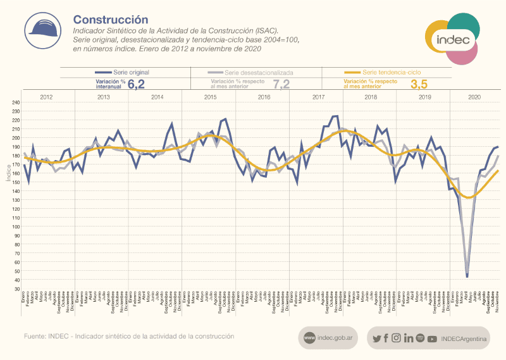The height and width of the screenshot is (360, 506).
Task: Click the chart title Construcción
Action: click(x=111, y=21)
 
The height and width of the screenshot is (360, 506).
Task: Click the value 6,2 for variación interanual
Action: click(x=137, y=84)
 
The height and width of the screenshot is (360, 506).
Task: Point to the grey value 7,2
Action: click(x=281, y=85)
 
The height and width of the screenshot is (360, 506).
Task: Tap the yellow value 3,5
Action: click(x=419, y=85)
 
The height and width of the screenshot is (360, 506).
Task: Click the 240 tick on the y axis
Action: click(x=16, y=102)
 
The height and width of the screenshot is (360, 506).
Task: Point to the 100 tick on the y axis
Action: click(x=16, y=227)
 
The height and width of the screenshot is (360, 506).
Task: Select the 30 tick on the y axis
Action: click(x=17, y=289)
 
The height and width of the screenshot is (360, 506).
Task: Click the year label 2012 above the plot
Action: click(x=47, y=97)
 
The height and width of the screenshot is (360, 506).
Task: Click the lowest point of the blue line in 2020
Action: click(x=467, y=276)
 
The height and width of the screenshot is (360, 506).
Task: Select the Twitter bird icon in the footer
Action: click(x=377, y=338)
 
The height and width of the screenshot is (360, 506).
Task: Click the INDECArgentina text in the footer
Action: click(x=464, y=339)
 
